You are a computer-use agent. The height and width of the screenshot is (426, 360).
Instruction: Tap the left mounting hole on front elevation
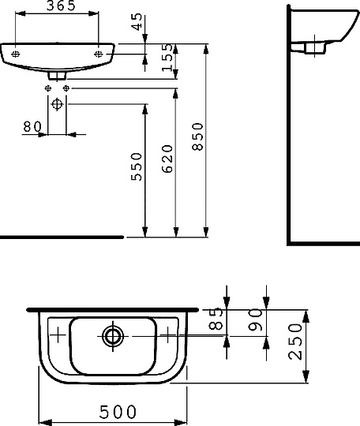coord(17,54)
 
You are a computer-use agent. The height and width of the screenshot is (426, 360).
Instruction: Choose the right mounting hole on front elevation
coord(98,54)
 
